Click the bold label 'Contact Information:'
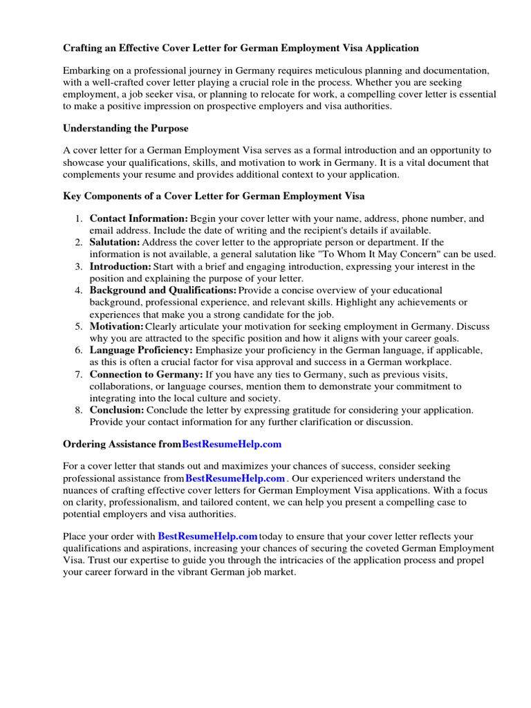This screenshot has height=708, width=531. pyautogui.click(x=139, y=218)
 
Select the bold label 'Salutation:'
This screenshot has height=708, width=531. pyautogui.click(x=115, y=242)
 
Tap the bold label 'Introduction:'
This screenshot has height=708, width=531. pyautogui.click(x=120, y=266)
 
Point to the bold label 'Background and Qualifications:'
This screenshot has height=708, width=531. pyautogui.click(x=163, y=290)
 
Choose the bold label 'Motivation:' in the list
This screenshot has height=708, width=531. pyautogui.click(x=117, y=326)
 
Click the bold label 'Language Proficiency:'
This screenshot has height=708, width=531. pyautogui.click(x=141, y=351)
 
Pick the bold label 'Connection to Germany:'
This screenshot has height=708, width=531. pyautogui.click(x=146, y=374)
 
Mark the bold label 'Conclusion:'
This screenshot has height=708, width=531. pyautogui.click(x=117, y=410)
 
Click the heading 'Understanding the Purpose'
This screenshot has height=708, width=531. pyautogui.click(x=126, y=129)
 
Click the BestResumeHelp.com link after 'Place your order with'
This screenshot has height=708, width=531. pyautogui.click(x=207, y=536)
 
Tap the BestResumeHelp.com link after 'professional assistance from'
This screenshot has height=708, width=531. pyautogui.click(x=235, y=478)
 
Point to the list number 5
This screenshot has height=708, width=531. pyautogui.click(x=78, y=326)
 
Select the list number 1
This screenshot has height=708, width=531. pyautogui.click(x=78, y=218)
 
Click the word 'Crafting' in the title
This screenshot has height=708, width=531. pyautogui.click(x=83, y=48)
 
